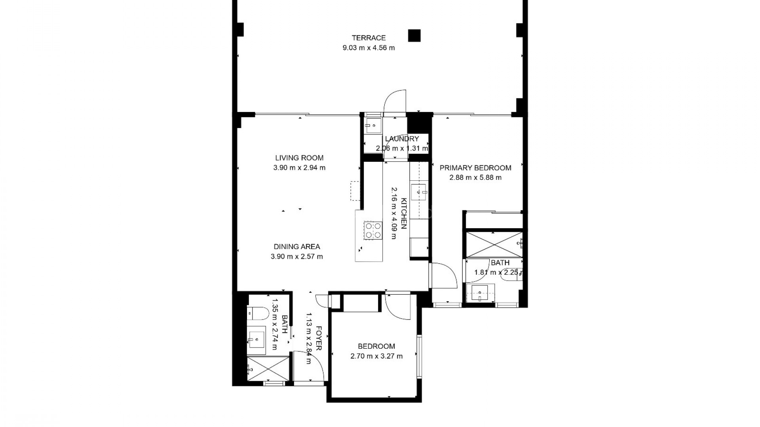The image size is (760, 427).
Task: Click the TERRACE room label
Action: (x=369, y=38)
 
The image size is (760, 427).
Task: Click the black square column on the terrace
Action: (x=414, y=36)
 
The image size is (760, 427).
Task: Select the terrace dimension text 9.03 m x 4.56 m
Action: (x=369, y=48)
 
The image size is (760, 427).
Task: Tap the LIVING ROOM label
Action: (x=299, y=158)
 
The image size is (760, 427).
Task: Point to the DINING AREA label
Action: (x=296, y=247)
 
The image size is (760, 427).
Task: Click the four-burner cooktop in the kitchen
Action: (x=96, y=231)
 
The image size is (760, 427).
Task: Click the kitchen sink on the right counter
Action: (x=419, y=193)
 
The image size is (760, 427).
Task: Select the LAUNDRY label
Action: (x=402, y=139)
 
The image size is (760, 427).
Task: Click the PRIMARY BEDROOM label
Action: (x=475, y=168)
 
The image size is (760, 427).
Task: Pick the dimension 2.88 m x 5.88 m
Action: (x=475, y=178)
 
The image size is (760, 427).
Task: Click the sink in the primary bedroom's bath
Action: (x=480, y=293)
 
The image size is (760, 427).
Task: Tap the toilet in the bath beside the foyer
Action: (x=258, y=313)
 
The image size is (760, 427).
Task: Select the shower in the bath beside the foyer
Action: (x=268, y=368)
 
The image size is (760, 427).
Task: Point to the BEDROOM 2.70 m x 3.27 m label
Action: (x=376, y=351)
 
